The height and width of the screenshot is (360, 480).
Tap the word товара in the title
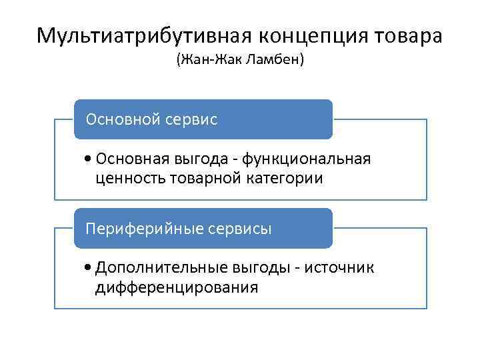[x=411, y=35]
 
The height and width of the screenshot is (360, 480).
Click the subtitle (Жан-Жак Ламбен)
[x=239, y=61]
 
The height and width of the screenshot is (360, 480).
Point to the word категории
[x=279, y=179]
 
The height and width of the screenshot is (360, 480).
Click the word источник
[x=341, y=268]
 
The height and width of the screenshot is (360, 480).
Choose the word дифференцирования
[x=176, y=288]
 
